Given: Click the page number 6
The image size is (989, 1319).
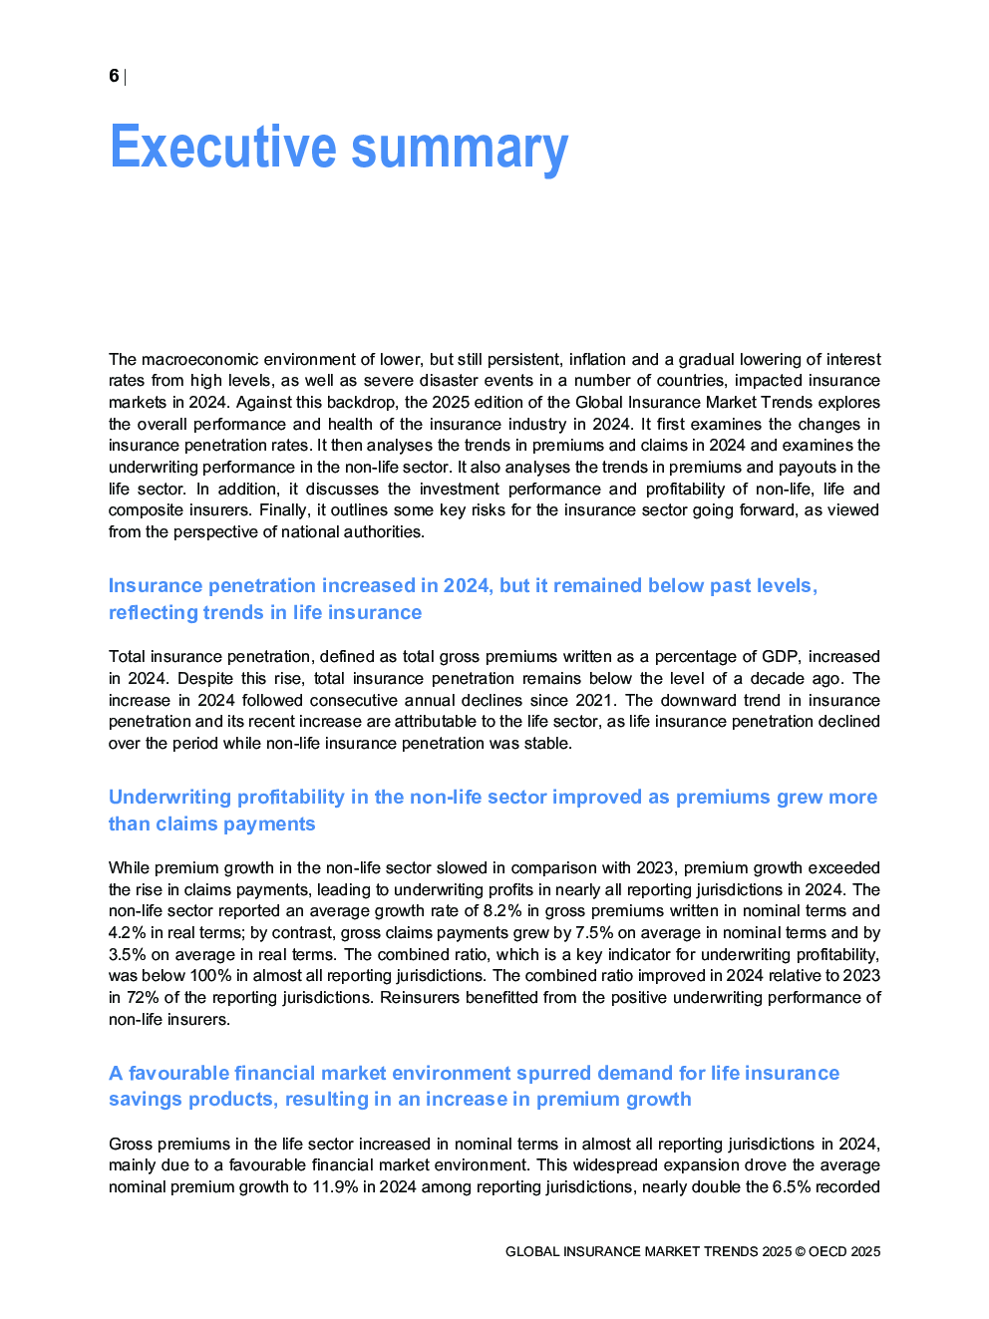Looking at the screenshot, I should pos(114,76).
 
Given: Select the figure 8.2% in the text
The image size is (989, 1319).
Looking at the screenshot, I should pos(503,911).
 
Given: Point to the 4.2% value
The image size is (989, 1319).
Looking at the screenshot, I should pos(127,933).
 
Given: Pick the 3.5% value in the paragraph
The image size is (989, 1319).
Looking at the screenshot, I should pos(127,954).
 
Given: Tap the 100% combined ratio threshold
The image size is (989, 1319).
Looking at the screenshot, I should pos(214,976).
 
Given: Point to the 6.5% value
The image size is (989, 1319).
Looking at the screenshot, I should pos(792,1187).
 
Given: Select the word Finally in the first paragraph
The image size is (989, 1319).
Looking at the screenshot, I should pos(280,510).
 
